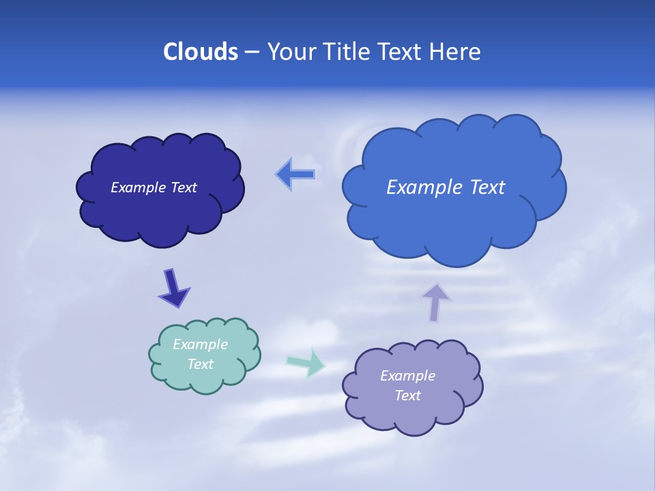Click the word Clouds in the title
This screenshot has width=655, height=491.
pyautogui.click(x=200, y=52)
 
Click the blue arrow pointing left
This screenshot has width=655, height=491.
pyautogui.click(x=295, y=175)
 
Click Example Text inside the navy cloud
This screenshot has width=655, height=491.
pyautogui.click(x=154, y=188)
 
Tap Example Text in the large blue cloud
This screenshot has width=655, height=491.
pyautogui.click(x=446, y=187)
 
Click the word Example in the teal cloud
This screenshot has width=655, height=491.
pyautogui.click(x=201, y=344)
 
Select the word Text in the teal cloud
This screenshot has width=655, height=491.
pyautogui.click(x=201, y=364)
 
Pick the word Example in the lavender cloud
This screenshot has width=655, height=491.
pyautogui.click(x=407, y=376)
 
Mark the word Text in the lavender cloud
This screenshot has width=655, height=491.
pyautogui.click(x=407, y=396)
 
